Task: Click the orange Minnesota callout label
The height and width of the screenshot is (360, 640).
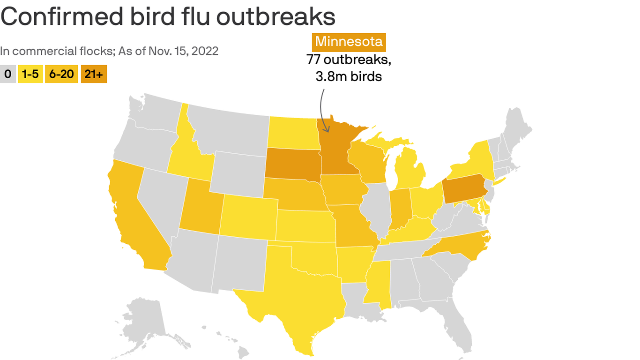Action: pyautogui.click(x=349, y=42)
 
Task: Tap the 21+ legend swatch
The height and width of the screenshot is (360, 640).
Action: pyautogui.click(x=94, y=74)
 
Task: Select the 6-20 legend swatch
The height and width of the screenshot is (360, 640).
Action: pyautogui.click(x=61, y=74)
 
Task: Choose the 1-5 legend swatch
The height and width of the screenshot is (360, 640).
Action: pyautogui.click(x=30, y=74)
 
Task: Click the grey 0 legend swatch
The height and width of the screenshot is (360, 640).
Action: pyautogui.click(x=7, y=74)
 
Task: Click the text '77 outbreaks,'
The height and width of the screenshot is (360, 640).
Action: pyautogui.click(x=349, y=60)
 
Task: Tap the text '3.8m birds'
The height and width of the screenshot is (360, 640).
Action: pyautogui.click(x=349, y=76)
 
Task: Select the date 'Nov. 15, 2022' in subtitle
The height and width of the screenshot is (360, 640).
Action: pyautogui.click(x=183, y=51)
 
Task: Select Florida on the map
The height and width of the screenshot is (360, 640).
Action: pyautogui.click(x=457, y=323)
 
